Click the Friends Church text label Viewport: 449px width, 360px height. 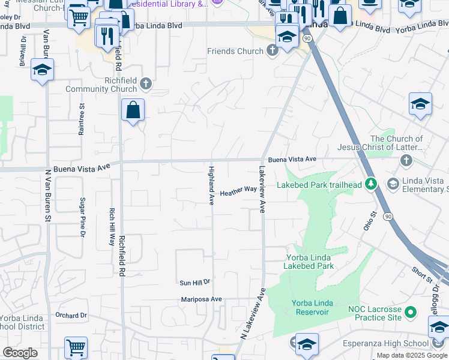tap(235, 52)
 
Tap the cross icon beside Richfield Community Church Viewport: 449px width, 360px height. tap(146, 85)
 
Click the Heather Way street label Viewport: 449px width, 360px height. tap(238, 191)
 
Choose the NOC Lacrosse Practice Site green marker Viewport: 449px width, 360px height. tap(411, 312)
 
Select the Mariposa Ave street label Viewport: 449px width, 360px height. tap(202, 299)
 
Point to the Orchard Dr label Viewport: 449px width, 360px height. tap(71, 315)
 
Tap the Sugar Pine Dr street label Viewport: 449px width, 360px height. tap(83, 214)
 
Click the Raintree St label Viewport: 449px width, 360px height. tap(81, 119)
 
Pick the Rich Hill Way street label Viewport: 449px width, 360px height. tap(112, 227)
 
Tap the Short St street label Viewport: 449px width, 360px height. tap(421, 275)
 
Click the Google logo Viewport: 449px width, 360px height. tap(20, 353)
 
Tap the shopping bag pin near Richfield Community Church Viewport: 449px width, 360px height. tap(133, 111)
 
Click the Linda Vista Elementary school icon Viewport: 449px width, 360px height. tap(394, 183)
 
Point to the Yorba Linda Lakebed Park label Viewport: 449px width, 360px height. tap(309, 262)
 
